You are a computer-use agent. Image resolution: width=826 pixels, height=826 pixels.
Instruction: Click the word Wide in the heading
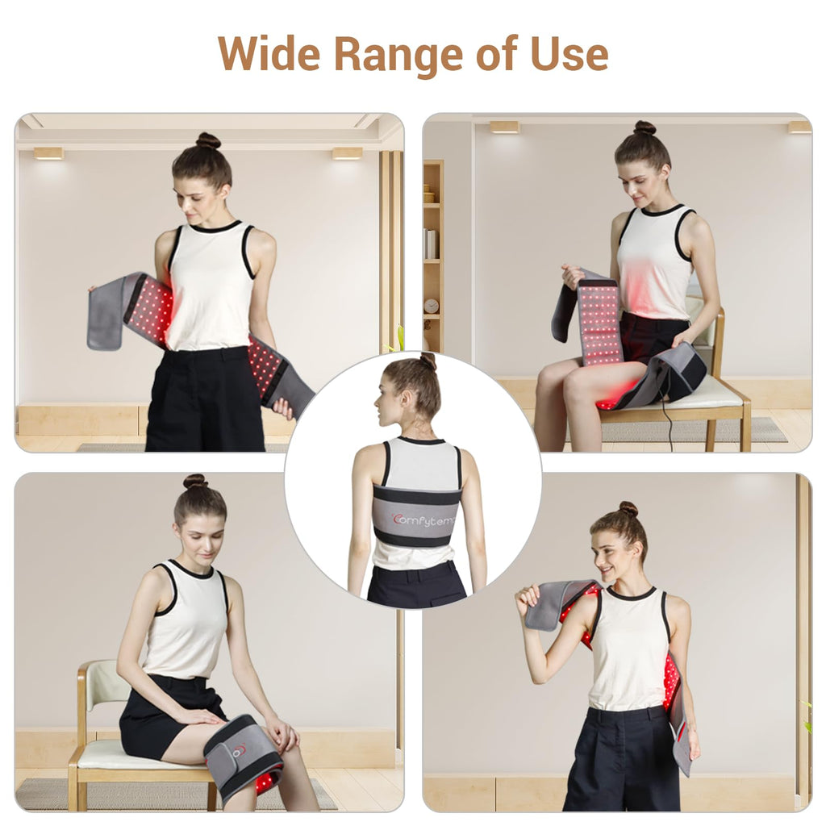(269, 53)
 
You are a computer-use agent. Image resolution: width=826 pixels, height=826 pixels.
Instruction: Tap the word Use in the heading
(569, 54)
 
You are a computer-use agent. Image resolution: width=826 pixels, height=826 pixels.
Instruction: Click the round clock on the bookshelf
(431, 306)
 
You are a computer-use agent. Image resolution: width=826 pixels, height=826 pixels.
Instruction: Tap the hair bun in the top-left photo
(208, 140)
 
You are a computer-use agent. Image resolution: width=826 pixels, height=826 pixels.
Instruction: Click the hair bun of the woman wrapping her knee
(195, 481)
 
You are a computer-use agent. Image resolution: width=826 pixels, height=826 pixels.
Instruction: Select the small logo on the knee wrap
(240, 749)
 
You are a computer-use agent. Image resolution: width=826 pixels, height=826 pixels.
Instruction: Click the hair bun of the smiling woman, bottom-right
(628, 509)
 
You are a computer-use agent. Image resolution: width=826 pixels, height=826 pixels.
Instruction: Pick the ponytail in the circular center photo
(428, 361)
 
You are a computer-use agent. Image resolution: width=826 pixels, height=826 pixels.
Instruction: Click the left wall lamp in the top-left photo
(48, 153)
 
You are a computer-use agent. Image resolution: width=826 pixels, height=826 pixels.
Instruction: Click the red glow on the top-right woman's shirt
(640, 282)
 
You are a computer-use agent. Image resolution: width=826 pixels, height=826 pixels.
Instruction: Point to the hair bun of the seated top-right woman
(645, 127)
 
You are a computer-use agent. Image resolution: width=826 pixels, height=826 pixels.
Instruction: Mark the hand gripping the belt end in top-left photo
(283, 407)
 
